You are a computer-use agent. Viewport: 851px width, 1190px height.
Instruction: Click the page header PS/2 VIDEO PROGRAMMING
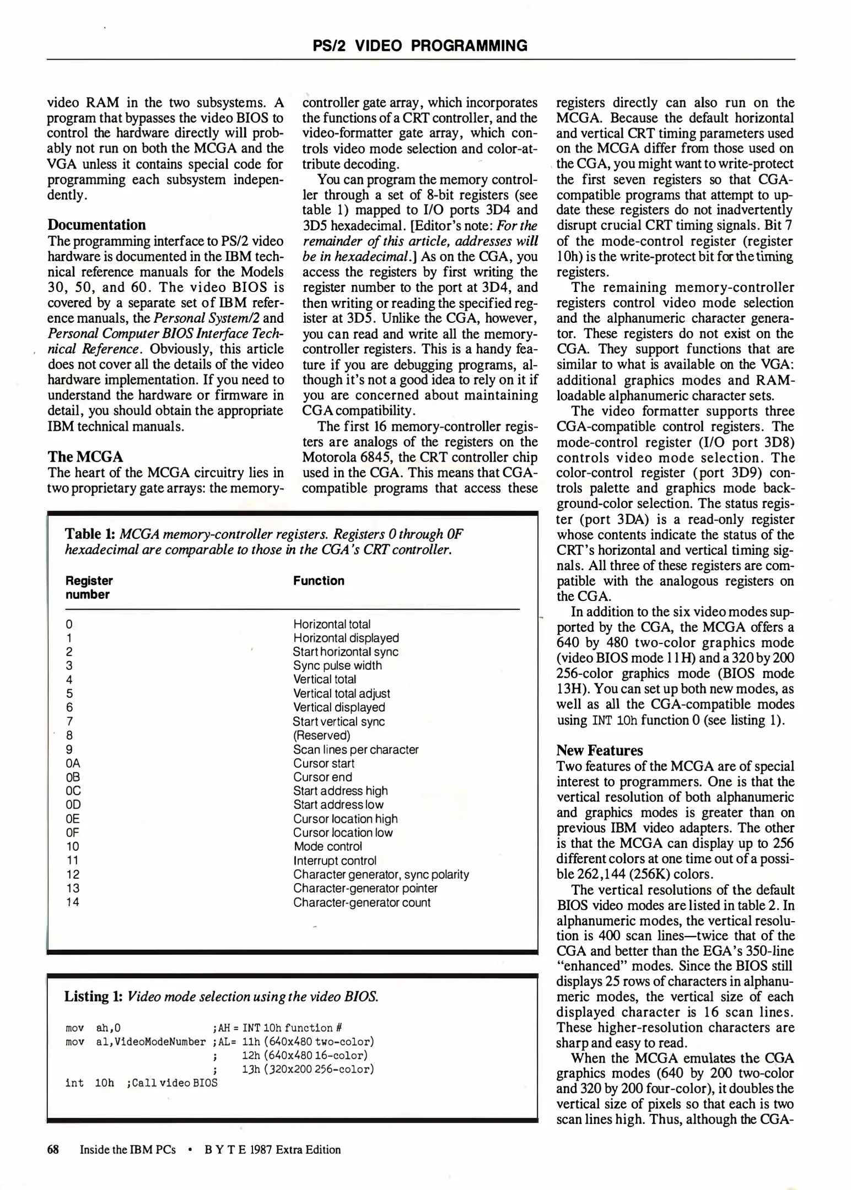point(420,45)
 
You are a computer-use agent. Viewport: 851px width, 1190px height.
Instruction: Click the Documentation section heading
point(96,225)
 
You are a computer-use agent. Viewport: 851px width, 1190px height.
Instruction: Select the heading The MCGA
point(85,457)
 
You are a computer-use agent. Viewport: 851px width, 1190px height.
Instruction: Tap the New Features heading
point(600,750)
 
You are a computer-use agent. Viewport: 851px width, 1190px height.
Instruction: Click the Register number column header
point(89,587)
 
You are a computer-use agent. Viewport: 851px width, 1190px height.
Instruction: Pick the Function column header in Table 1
point(319,581)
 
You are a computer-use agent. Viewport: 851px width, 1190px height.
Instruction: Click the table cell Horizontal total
point(332,624)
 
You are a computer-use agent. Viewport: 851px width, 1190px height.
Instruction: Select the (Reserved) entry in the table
point(321,735)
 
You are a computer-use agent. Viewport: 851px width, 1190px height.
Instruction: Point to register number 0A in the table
point(73,763)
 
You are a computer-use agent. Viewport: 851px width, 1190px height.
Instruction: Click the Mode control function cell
point(328,846)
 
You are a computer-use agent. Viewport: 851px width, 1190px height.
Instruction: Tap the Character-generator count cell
point(362,902)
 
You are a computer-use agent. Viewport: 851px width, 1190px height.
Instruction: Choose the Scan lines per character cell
point(356,749)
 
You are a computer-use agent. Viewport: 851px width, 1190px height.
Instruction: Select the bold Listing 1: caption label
point(93,996)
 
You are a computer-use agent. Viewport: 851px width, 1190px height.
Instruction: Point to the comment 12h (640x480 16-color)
point(304,1056)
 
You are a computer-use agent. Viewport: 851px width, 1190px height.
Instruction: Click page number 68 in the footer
point(53,1149)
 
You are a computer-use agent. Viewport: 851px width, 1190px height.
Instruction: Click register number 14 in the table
point(72,902)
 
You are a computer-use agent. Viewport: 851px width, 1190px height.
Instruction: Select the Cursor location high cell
point(345,819)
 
